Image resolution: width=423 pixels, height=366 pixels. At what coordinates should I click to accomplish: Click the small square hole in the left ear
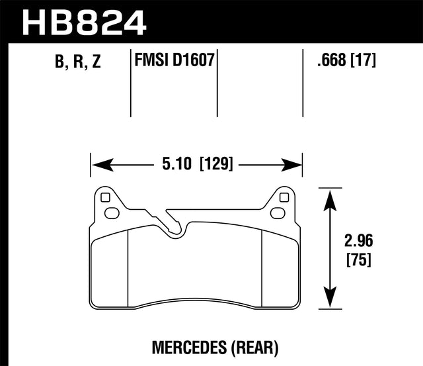pyautogui.click(x=104, y=197)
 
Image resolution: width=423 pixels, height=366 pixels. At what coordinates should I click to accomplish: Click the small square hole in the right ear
pyautogui.click(x=284, y=197)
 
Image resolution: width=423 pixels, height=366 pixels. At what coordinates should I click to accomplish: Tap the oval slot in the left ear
pyautogui.click(x=112, y=213)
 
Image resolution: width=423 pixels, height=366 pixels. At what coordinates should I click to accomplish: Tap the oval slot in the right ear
pyautogui.click(x=277, y=213)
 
